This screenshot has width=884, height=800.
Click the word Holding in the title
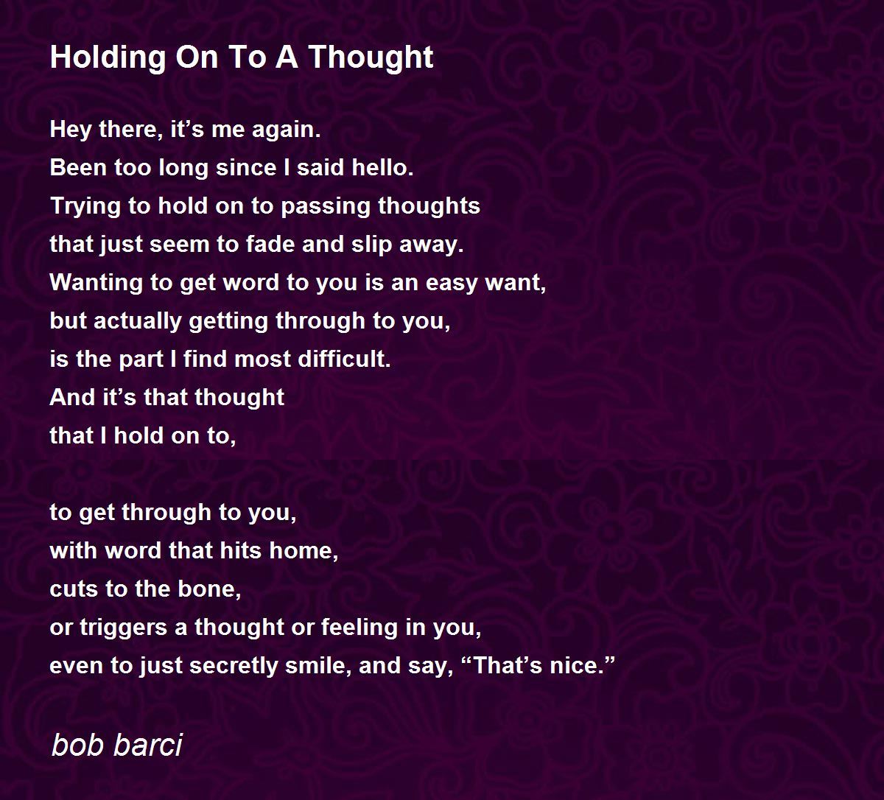tap(108, 57)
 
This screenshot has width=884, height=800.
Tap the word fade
tap(270, 244)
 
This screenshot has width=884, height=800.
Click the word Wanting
tap(96, 283)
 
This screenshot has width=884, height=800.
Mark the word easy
tap(452, 284)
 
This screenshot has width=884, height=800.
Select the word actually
tap(138, 321)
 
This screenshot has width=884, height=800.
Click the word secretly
tap(234, 667)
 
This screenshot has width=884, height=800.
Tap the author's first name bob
tap(77, 745)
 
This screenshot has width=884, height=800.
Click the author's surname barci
tap(147, 745)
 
